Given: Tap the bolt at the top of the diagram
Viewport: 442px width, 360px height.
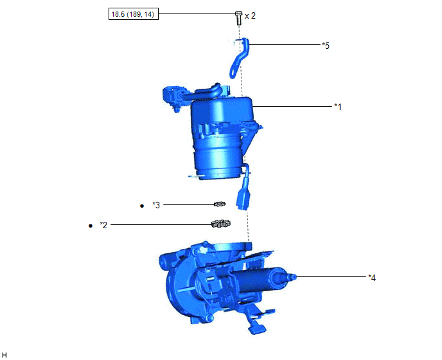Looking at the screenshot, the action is coord(238,17).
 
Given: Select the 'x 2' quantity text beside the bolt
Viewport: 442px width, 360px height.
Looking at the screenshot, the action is coord(250,16).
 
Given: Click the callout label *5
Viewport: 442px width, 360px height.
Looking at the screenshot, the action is coord(326,46).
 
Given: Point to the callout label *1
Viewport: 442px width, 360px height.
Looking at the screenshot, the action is coord(338,107).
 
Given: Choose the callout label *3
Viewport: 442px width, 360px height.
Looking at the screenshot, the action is coord(156,205).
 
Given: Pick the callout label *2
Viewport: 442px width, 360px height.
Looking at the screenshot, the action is coord(103,225).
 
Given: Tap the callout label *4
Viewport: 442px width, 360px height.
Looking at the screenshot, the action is coord(372,278).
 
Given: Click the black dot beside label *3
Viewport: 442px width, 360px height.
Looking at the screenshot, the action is coord(142,206).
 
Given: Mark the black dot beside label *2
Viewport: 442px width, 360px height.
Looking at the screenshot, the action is coord(90,226).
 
